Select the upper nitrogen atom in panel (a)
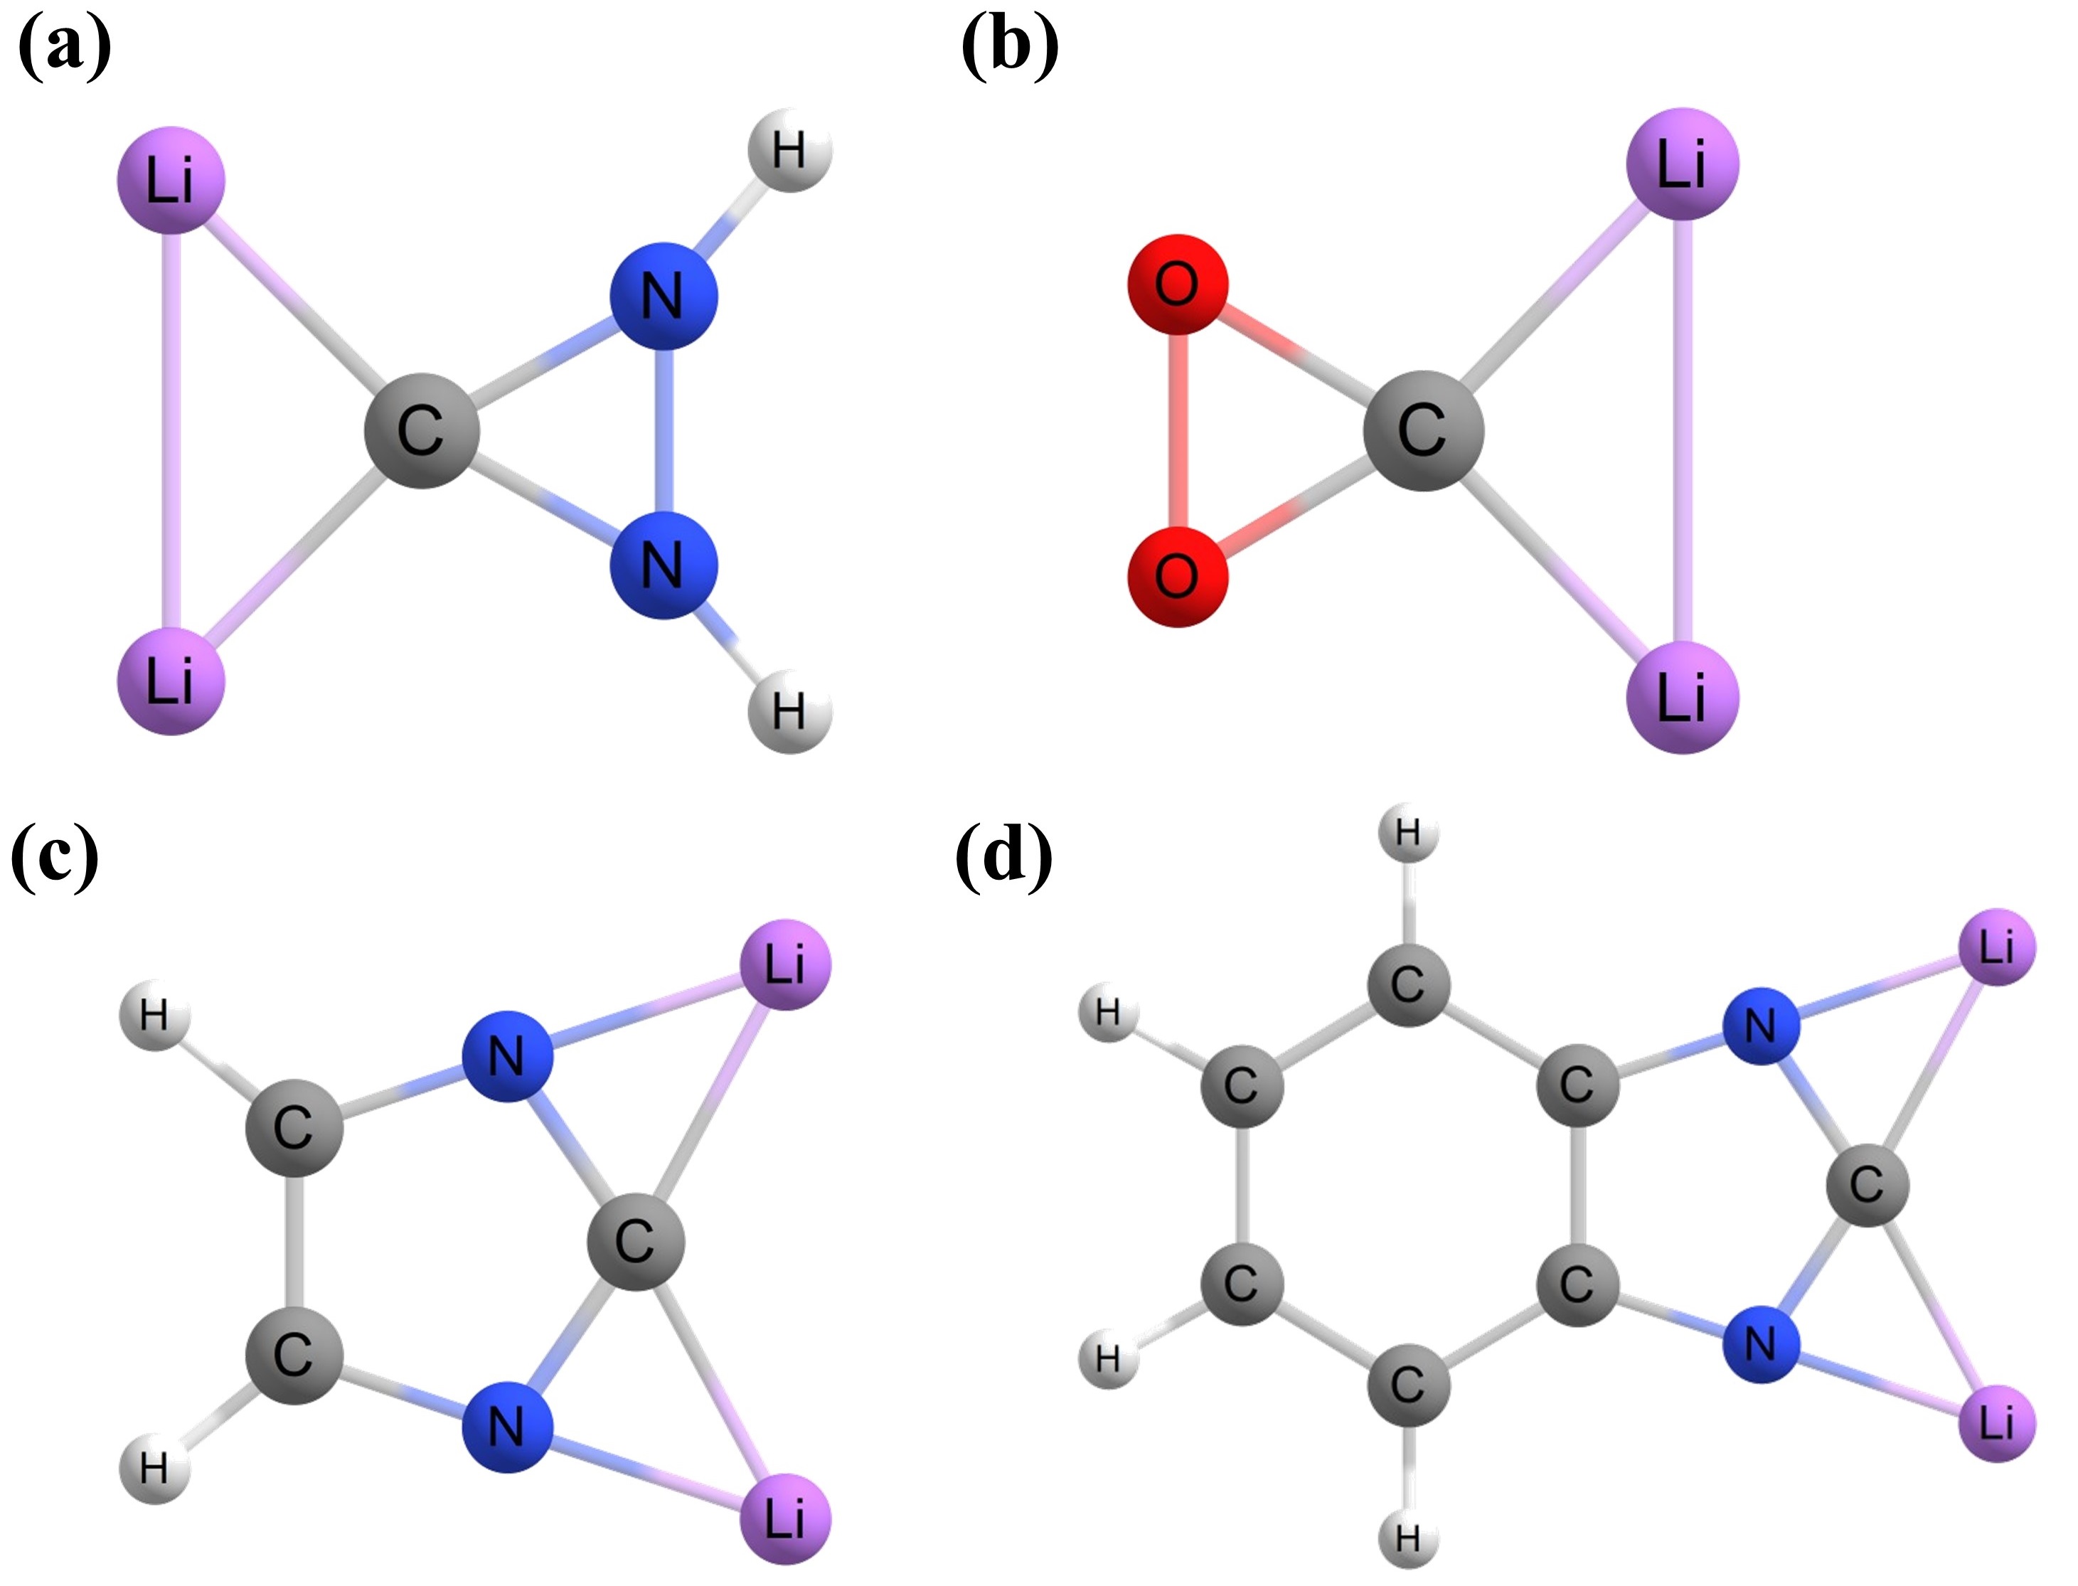[x=664, y=297]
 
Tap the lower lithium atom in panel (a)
[x=171, y=681]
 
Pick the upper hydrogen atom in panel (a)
[x=790, y=149]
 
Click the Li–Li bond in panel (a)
[x=171, y=430]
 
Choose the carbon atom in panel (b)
[x=1423, y=430]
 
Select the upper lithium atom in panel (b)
[x=1681, y=164]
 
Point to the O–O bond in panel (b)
[x=1177, y=430]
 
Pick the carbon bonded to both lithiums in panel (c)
[x=635, y=1240]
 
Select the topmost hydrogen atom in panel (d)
[x=1407, y=834]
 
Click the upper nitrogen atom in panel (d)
[x=1761, y=1026]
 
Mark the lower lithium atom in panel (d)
[x=1997, y=1422]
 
